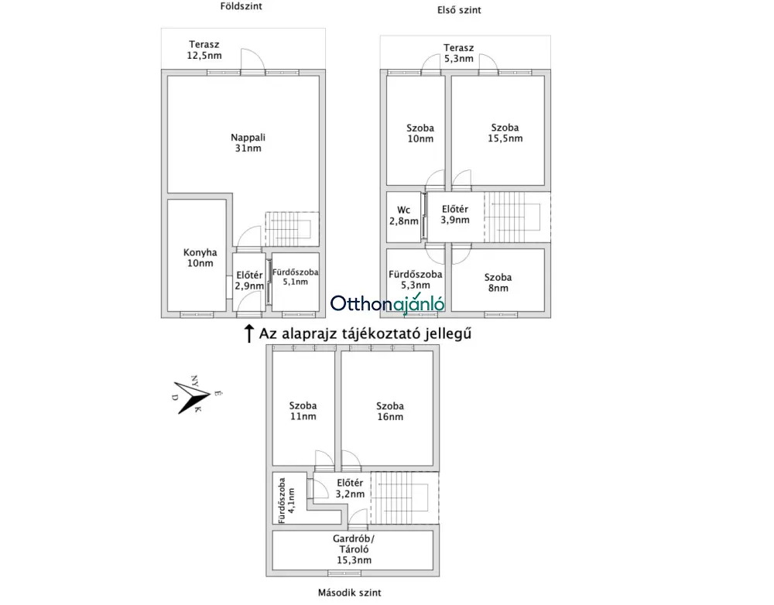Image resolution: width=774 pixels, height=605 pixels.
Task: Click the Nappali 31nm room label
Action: pos(248,142)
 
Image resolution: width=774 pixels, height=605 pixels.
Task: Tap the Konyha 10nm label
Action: pos(200,258)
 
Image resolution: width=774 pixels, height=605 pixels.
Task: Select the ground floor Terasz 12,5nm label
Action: pos(204,50)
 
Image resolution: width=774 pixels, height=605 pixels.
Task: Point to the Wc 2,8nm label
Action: pos(404,216)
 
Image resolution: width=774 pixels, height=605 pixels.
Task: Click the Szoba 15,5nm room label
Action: pos(505,133)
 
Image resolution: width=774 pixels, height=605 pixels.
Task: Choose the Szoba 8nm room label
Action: pos(498,282)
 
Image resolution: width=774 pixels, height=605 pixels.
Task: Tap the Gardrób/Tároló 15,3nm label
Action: pos(354,549)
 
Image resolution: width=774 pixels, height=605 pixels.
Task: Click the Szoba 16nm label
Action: pos(390,411)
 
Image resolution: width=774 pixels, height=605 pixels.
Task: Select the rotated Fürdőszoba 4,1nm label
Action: pos(286,501)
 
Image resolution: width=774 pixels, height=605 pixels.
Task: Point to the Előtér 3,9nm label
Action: pos(454,214)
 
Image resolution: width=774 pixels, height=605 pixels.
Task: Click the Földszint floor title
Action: pos(241,6)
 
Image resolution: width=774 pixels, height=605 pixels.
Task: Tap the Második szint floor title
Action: pos(350,593)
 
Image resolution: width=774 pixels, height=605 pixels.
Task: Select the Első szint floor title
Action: pos(459,10)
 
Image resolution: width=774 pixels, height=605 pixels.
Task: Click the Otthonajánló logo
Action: pos(388,303)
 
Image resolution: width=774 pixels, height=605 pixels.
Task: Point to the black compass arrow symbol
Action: pos(190,397)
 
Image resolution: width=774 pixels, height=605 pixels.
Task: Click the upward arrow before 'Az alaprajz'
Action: pos(249,333)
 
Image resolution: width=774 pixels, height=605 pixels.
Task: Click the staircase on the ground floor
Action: pos(293,229)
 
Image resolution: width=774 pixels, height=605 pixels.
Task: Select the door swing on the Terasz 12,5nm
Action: pos(252,60)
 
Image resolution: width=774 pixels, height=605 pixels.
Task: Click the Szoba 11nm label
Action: pos(303,411)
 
